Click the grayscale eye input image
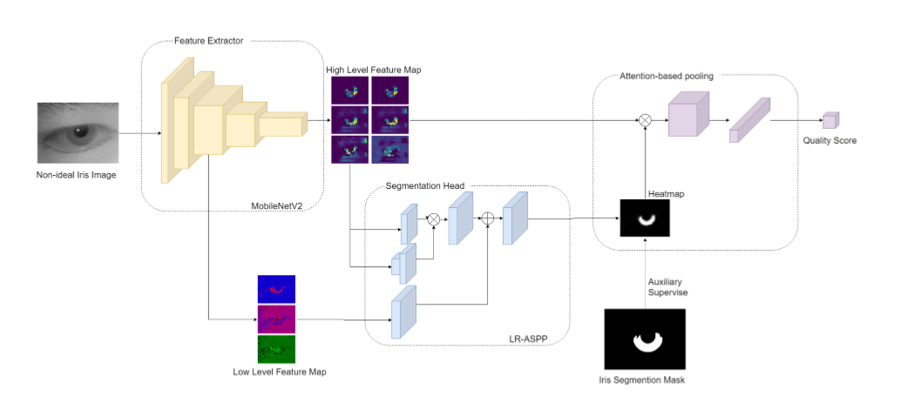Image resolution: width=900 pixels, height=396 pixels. (76, 133)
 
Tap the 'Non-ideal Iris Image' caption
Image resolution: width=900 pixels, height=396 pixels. (76, 175)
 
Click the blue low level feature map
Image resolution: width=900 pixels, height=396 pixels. (276, 289)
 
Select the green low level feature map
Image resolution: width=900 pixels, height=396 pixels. (276, 349)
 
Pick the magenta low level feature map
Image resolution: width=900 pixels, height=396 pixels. (276, 319)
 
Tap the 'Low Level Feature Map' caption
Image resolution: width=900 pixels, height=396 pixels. (276, 373)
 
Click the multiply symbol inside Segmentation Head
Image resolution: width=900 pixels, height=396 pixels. (432, 220)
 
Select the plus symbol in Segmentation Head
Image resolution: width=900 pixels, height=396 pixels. (488, 220)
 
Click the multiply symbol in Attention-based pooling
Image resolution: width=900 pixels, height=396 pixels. (645, 120)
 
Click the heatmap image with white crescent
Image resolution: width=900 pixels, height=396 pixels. (645, 218)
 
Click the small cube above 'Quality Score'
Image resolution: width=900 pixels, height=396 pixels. (829, 120)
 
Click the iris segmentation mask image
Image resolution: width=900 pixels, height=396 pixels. (645, 339)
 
